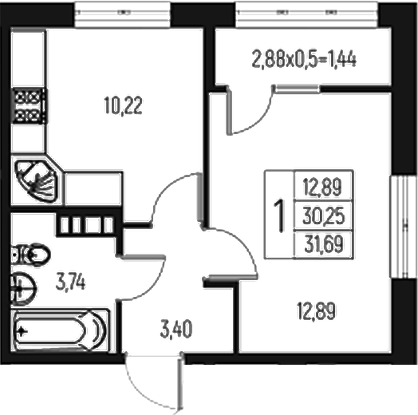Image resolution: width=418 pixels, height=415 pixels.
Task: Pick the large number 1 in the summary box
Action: click(279, 214)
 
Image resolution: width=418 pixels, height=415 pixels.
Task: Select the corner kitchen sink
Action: click(37, 180)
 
